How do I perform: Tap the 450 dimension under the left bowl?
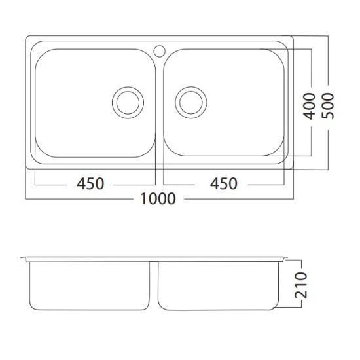(x=90, y=184)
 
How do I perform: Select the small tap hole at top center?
(x=159, y=49)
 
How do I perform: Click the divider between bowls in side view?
(x=156, y=285)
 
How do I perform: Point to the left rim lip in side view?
(x=24, y=259)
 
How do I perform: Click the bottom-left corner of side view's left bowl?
(x=35, y=306)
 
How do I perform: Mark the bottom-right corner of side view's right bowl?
(x=276, y=306)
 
